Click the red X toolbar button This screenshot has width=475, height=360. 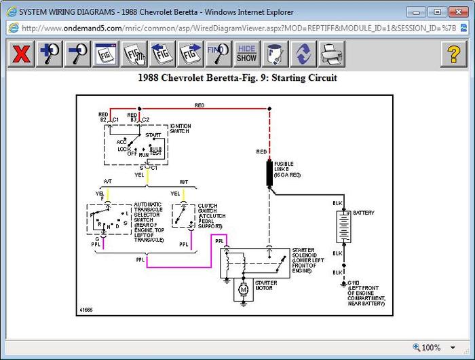pyautogui.click(x=21, y=54)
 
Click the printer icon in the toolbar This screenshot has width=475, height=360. pyautogui.click(x=332, y=54)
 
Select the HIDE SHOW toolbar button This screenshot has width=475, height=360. pyautogui.click(x=246, y=54)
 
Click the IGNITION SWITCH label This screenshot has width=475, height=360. pyautogui.click(x=180, y=128)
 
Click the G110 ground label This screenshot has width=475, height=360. pyautogui.click(x=354, y=282)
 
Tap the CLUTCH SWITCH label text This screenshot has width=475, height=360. pyautogui.click(x=212, y=216)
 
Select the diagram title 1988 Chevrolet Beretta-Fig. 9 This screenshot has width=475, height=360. pyautogui.click(x=237, y=78)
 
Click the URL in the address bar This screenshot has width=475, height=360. pyautogui.click(x=224, y=28)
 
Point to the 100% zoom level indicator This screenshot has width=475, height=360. pyautogui.click(x=430, y=348)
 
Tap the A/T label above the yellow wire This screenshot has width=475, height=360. pyautogui.click(x=108, y=181)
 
